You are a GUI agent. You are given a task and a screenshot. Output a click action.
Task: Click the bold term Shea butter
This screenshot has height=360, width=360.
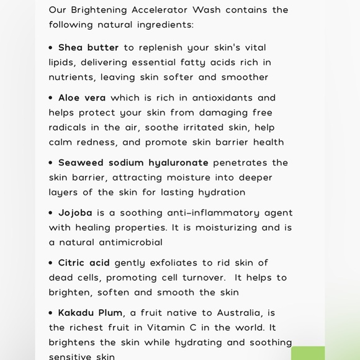[x=88, y=48]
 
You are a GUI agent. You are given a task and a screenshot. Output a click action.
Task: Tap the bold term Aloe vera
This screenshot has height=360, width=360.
[x=82, y=98]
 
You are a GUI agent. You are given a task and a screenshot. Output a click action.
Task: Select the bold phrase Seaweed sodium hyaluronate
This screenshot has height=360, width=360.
[x=133, y=163]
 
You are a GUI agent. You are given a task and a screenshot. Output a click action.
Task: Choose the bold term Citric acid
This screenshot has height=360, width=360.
[x=84, y=263]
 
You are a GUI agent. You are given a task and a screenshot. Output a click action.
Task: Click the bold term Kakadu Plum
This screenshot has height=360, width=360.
[x=90, y=313]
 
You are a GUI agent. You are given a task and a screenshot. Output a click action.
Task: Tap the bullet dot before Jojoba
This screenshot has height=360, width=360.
[x=52, y=213]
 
